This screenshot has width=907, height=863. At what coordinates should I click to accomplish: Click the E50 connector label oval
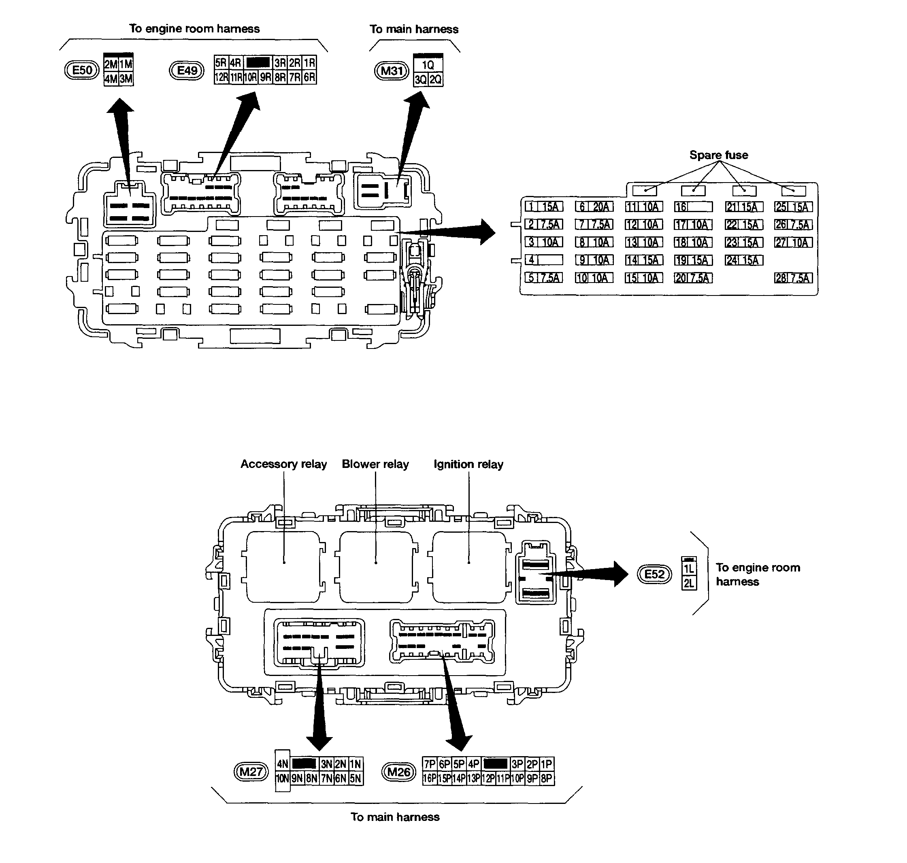point(82,70)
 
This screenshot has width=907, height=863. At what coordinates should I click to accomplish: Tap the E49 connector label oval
point(187,71)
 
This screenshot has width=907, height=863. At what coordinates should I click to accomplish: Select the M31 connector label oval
point(392,71)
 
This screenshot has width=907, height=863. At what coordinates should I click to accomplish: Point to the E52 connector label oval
point(654,574)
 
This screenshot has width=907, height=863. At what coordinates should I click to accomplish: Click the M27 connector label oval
point(251,772)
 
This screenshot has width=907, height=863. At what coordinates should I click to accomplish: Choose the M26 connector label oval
point(398,772)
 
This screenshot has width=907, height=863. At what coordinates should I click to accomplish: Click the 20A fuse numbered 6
point(594,207)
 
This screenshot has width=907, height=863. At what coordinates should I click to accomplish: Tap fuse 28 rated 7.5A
point(793,278)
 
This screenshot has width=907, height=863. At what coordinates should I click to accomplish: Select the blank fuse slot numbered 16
point(693,207)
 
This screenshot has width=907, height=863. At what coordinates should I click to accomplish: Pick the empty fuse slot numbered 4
point(543,260)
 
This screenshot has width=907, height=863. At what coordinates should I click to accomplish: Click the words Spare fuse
point(718,155)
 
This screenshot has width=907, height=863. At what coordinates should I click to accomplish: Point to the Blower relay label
point(375,464)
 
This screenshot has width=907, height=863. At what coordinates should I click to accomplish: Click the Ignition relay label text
point(468,464)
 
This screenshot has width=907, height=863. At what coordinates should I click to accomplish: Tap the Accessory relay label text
point(283,464)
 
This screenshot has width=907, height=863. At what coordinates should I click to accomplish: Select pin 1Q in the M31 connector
point(428,65)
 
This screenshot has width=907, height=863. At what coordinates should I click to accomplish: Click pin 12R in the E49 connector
point(221,77)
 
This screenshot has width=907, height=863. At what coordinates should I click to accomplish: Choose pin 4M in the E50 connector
point(111,79)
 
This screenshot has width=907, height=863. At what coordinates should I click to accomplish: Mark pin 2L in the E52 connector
point(688,583)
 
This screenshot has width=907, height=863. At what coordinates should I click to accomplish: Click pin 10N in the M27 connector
point(283,779)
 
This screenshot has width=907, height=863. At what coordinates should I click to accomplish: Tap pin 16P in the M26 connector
point(430,778)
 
